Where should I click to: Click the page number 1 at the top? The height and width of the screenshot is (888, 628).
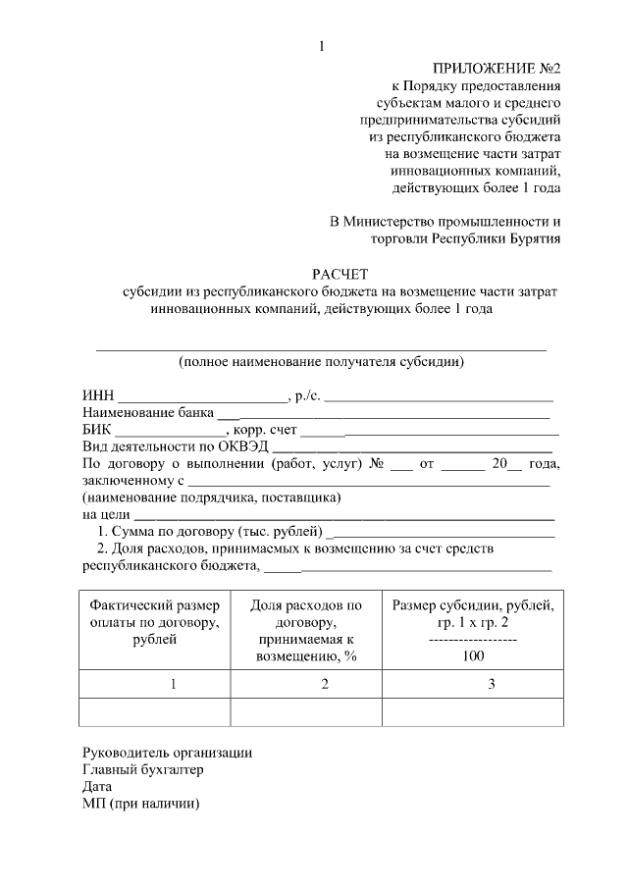(321, 46)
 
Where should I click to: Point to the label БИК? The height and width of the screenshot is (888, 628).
(97, 429)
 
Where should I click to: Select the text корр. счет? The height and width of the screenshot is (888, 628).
(265, 429)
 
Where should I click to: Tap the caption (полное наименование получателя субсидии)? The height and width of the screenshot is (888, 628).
(320, 361)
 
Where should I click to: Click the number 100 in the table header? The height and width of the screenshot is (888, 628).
(472, 656)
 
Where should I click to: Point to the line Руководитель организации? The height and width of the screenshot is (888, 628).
(168, 753)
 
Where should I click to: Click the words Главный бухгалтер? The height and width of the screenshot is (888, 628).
(143, 769)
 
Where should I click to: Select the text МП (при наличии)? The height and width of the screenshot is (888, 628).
(141, 803)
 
